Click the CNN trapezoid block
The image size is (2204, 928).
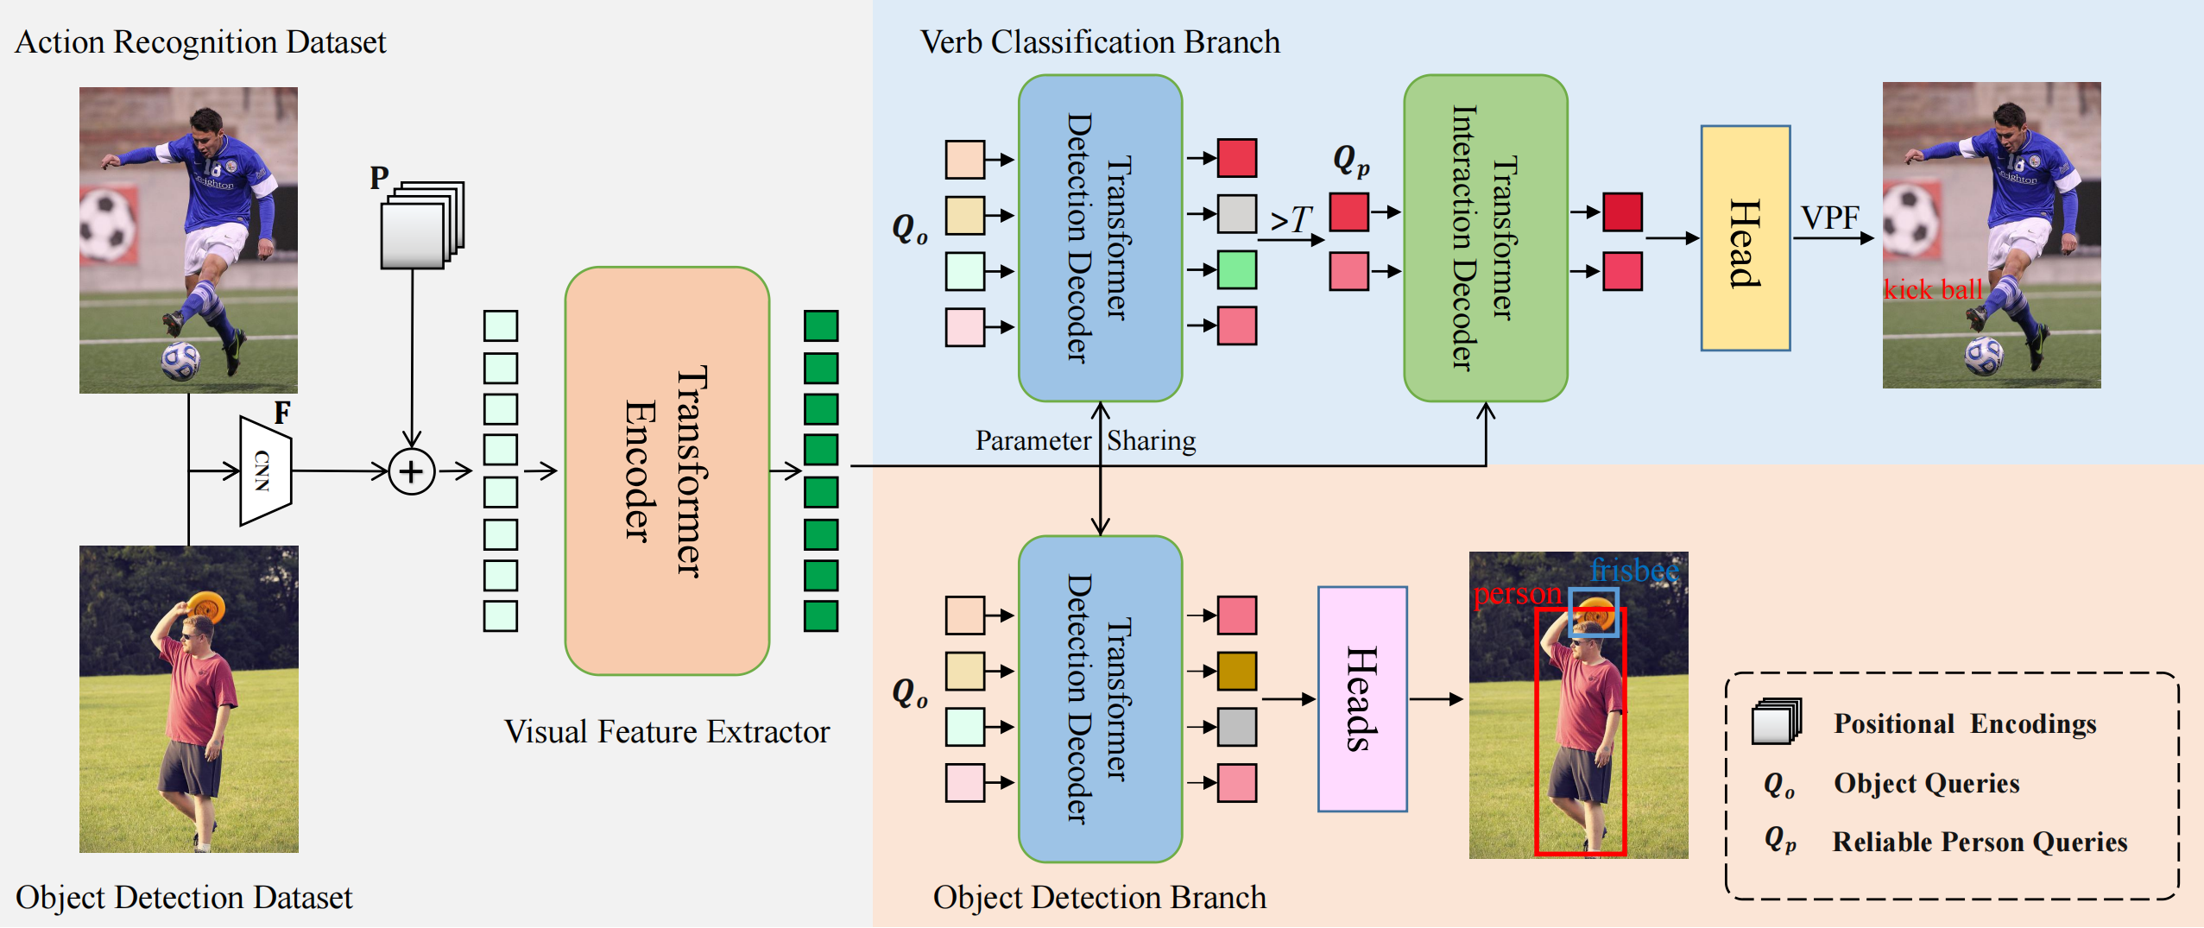coord(266,470)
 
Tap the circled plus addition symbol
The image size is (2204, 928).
coord(412,471)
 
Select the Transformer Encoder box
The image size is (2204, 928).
coord(667,470)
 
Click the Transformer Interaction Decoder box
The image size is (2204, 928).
coord(1486,238)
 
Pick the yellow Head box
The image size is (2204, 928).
coord(1746,238)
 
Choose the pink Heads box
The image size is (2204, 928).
coord(1362,699)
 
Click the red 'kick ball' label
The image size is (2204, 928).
coord(1933,289)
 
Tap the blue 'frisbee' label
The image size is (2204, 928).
coord(1634,571)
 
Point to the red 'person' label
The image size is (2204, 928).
coord(1517,595)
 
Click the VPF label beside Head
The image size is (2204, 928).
coord(1830,218)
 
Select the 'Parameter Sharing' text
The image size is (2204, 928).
coord(1086,441)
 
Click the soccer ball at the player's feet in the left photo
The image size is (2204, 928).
coord(180,361)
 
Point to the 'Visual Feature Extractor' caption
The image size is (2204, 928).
coord(667,732)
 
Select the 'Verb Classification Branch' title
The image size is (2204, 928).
coord(1100,42)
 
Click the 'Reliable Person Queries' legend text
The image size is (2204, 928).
coord(1980,842)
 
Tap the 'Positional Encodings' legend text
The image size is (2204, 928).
coord(1965,723)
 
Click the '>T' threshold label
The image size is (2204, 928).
coord(1291,220)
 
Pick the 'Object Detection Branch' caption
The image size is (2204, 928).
coord(1100,898)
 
